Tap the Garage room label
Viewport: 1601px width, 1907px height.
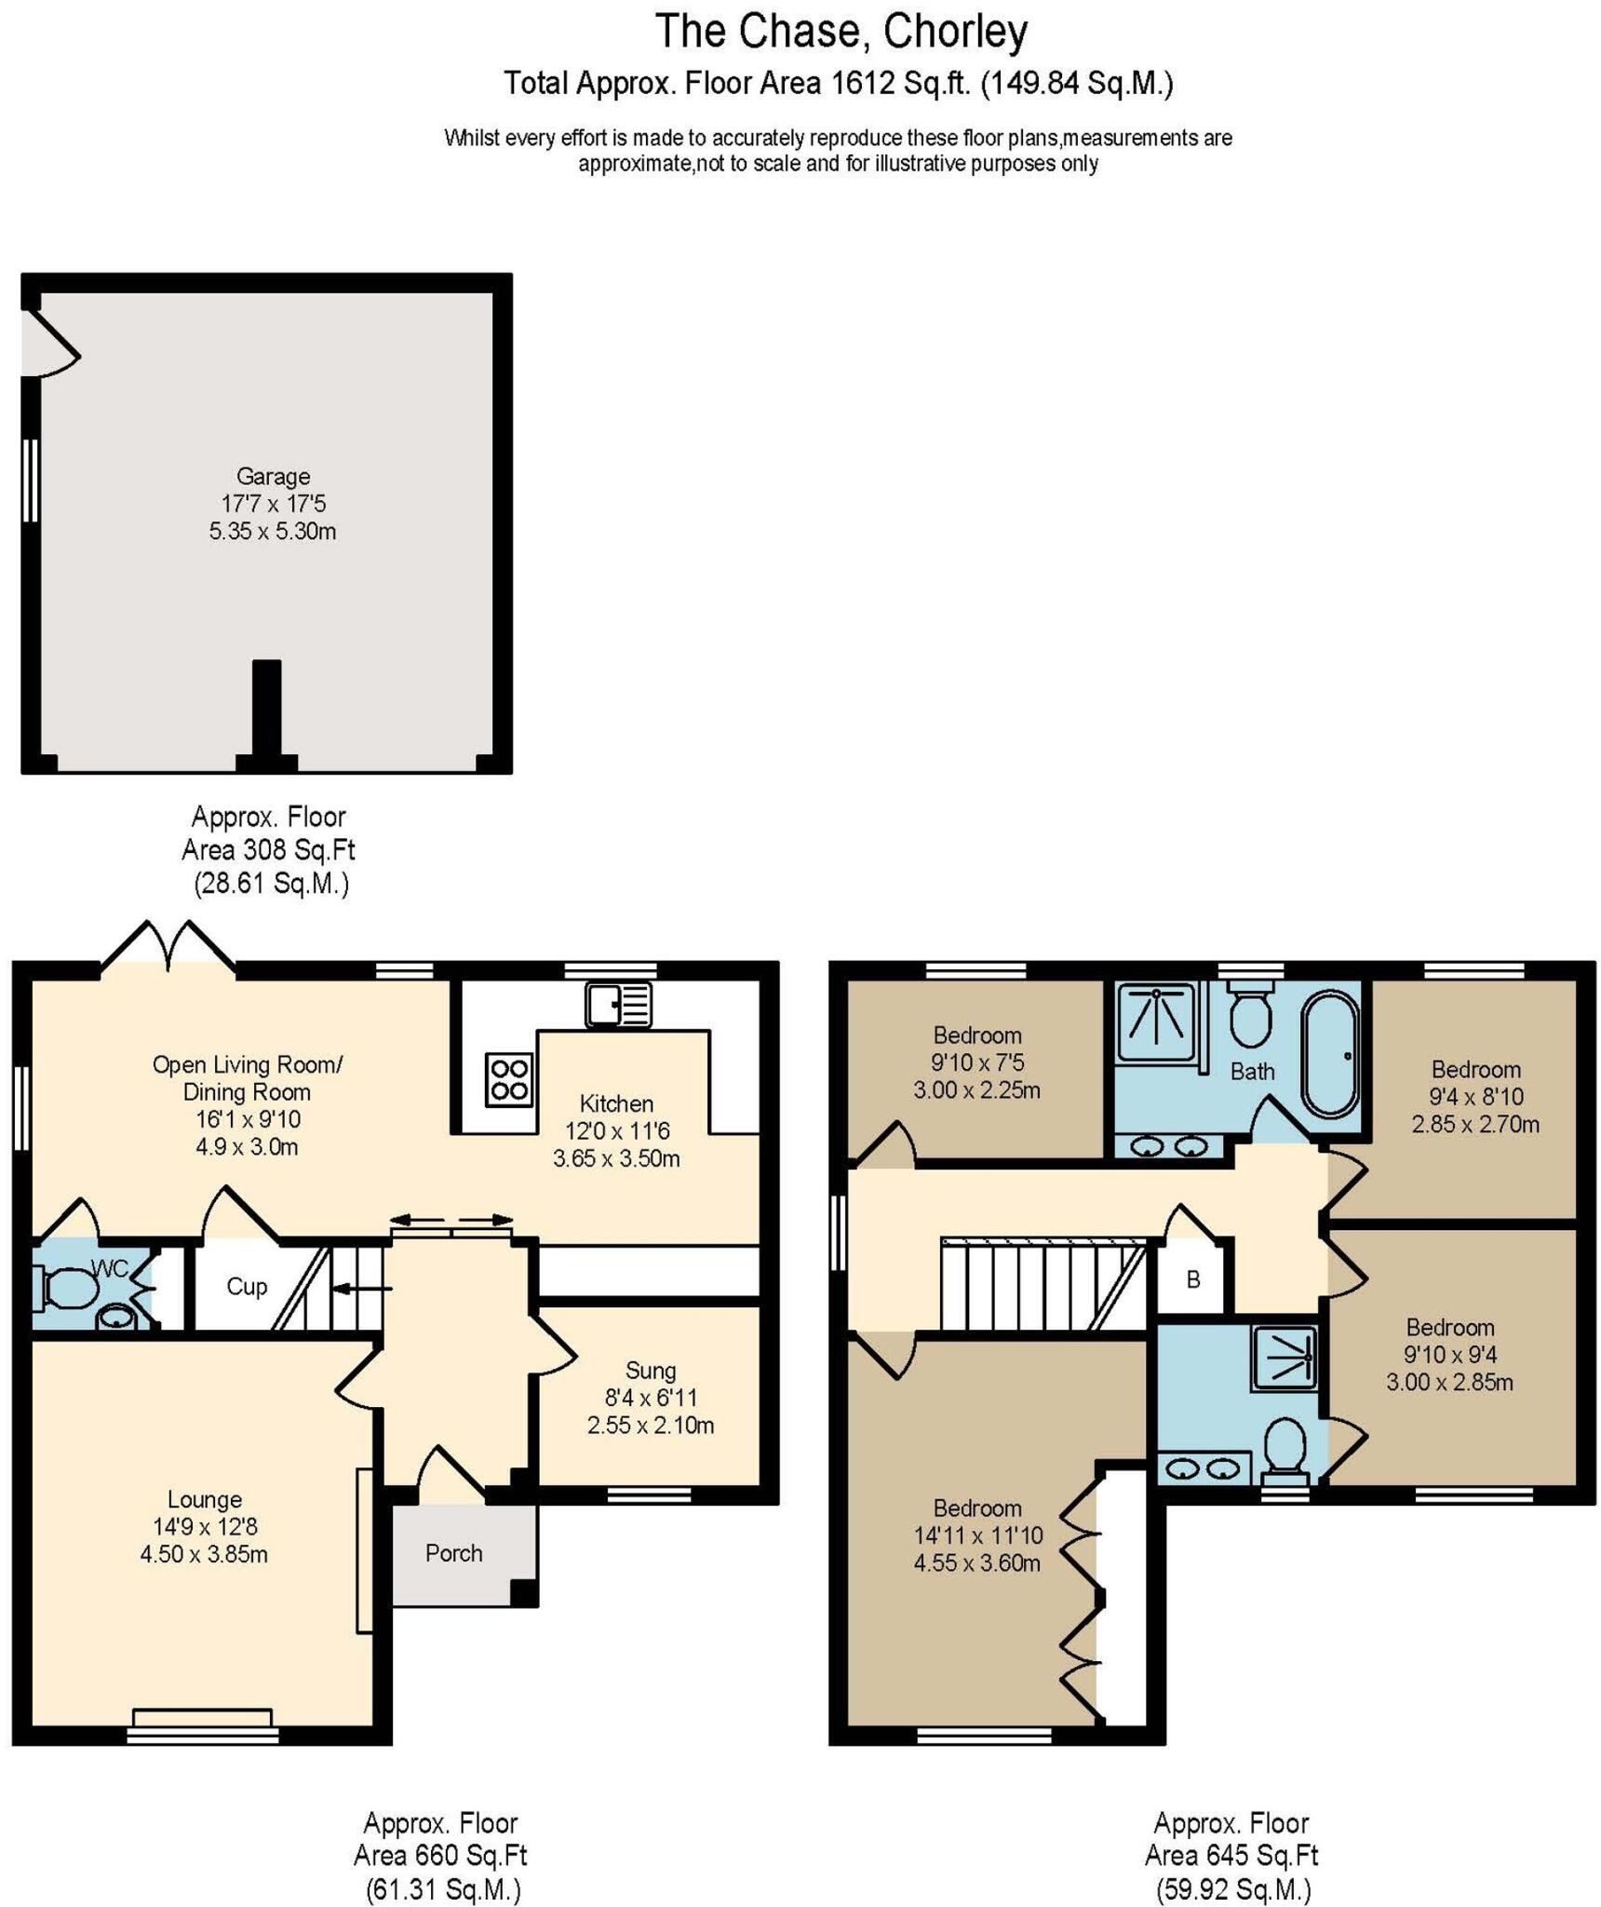tap(273, 476)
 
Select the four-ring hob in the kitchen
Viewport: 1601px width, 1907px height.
tap(509, 1079)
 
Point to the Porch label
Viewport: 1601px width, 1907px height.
tap(453, 1552)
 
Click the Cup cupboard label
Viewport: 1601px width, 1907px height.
tap(247, 1286)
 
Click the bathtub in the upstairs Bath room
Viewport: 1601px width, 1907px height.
tap(1329, 1053)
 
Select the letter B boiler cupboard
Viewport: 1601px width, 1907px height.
tap(1193, 1279)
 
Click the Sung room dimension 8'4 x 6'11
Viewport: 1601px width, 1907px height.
tap(650, 1397)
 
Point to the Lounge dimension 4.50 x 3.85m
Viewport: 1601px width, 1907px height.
tap(204, 1553)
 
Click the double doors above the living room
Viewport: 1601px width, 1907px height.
tap(168, 947)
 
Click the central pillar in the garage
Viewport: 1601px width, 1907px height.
tap(267, 712)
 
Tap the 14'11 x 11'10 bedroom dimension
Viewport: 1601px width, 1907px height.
tap(977, 1535)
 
